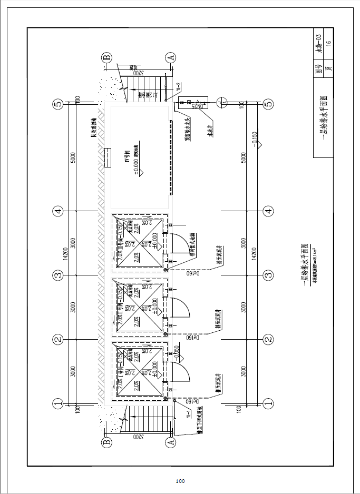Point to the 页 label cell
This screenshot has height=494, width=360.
[x=328, y=68]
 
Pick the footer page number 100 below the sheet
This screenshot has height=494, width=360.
[x=180, y=481]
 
